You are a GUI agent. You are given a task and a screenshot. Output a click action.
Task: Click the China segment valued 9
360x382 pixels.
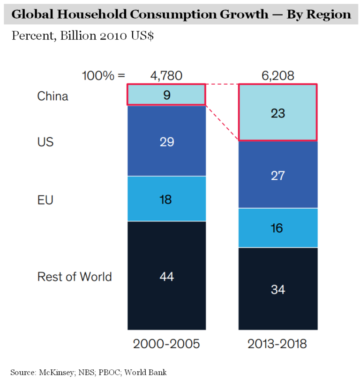pyautogui.click(x=166, y=95)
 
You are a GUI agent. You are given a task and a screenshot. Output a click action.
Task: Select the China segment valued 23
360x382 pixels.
pyautogui.click(x=278, y=113)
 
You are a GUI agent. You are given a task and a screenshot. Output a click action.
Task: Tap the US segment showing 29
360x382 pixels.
pyautogui.click(x=166, y=141)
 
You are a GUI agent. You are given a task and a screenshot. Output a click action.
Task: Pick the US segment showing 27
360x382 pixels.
pyautogui.click(x=278, y=175)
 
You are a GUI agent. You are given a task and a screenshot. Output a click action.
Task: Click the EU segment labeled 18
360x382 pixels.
pyautogui.click(x=166, y=199)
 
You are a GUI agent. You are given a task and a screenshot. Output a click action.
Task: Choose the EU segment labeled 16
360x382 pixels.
pyautogui.click(x=278, y=228)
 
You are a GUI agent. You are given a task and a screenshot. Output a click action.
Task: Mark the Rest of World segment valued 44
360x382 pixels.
pyautogui.click(x=166, y=276)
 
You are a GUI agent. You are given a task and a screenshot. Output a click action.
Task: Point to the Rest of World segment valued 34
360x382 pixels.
pyautogui.click(x=278, y=289)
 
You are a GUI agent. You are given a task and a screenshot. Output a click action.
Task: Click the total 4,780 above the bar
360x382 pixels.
pyautogui.click(x=166, y=75)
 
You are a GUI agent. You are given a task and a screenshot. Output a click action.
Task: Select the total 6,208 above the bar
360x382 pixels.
pyautogui.click(x=278, y=75)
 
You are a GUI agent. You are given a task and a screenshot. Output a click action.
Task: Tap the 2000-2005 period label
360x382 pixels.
pyautogui.click(x=166, y=344)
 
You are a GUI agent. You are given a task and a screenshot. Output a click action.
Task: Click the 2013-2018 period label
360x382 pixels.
pyautogui.click(x=278, y=344)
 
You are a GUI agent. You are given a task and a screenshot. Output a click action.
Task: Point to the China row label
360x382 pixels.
pyautogui.click(x=52, y=96)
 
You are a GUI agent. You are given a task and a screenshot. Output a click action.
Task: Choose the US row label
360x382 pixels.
pyautogui.click(x=45, y=142)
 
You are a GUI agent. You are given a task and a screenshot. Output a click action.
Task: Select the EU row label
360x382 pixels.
pyautogui.click(x=45, y=200)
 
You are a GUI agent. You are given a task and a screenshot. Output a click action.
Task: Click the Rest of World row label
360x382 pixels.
pyautogui.click(x=75, y=277)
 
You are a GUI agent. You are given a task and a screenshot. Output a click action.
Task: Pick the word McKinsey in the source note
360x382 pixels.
pyautogui.click(x=59, y=373)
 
